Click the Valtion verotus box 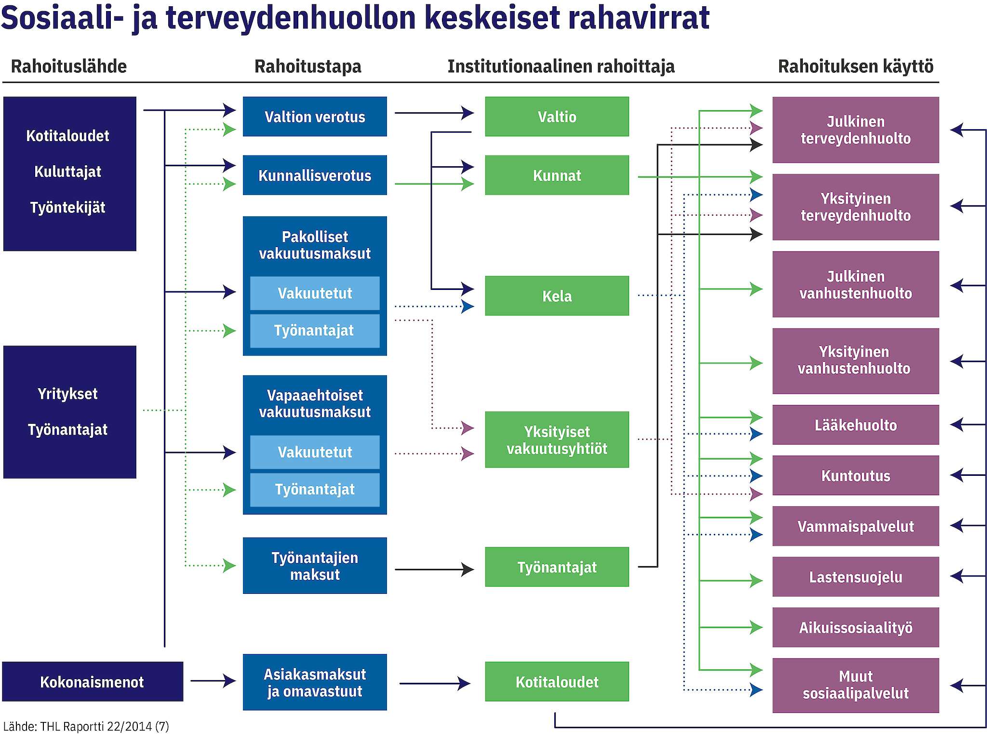(315, 117)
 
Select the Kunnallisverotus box (315, 175)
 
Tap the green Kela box (557, 296)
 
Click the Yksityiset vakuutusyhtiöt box (557, 440)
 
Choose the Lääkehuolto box (855, 425)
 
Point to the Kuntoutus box (855, 475)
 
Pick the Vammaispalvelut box (855, 526)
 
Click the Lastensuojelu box (855, 577)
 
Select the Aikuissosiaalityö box (855, 627)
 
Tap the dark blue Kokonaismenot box (93, 682)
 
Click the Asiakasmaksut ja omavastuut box (315, 682)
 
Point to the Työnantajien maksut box (315, 566)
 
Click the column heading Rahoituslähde (69, 66)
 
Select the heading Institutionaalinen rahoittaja (561, 66)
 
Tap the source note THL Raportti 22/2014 (86, 726)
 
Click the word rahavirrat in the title (639, 17)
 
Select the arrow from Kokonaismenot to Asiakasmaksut (212, 681)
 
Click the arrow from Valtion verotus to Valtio (434, 113)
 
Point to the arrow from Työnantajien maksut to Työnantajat (434, 570)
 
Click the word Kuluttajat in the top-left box (67, 171)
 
